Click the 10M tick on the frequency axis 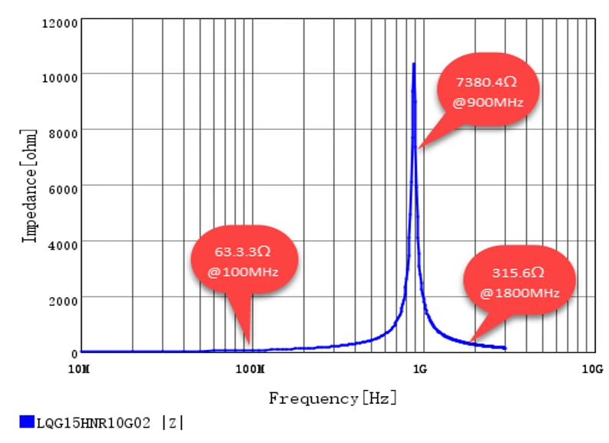tap(79, 369)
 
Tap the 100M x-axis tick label tap(249, 369)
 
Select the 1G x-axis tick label tap(419, 369)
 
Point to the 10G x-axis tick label tap(589, 369)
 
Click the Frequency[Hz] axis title tap(333, 398)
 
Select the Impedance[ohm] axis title tap(30, 187)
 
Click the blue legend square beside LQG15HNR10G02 tap(27, 421)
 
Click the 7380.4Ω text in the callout tap(488, 81)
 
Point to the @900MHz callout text tap(488, 101)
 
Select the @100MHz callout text tap(243, 271)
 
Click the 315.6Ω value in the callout tap(519, 273)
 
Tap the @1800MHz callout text tap(519, 293)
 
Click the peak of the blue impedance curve tap(414, 64)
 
